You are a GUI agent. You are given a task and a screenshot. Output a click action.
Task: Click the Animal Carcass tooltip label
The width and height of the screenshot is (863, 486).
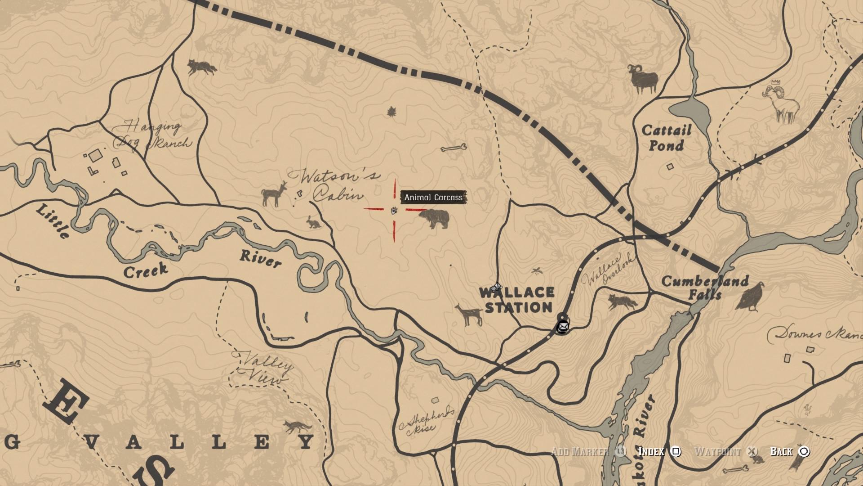[x=433, y=197]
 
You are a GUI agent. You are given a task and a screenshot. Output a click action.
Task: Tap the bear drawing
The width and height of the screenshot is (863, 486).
[x=434, y=219]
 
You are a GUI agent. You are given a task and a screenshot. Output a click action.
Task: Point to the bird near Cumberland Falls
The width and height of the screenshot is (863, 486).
[x=750, y=297]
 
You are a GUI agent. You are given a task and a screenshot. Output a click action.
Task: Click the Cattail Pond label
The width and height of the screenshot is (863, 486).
[x=666, y=138]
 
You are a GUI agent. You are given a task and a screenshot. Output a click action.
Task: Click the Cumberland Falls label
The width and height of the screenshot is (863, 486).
[x=705, y=287]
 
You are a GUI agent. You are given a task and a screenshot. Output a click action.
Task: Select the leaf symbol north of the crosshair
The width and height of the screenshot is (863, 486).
[x=391, y=112]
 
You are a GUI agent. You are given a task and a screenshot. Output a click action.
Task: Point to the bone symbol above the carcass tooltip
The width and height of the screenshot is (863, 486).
[x=454, y=148]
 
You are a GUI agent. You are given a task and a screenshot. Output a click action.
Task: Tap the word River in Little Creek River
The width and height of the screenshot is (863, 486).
[x=260, y=258]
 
